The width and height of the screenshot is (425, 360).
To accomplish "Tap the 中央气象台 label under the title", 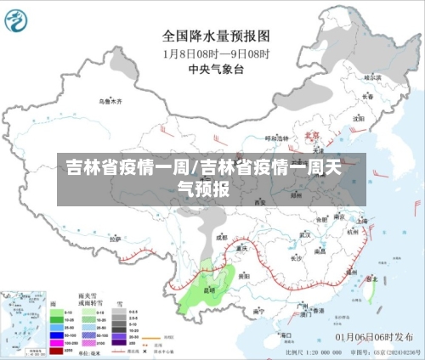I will point(216,69).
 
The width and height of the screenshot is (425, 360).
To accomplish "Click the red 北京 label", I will point(312,135).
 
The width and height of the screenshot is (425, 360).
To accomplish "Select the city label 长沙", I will point(296,258).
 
